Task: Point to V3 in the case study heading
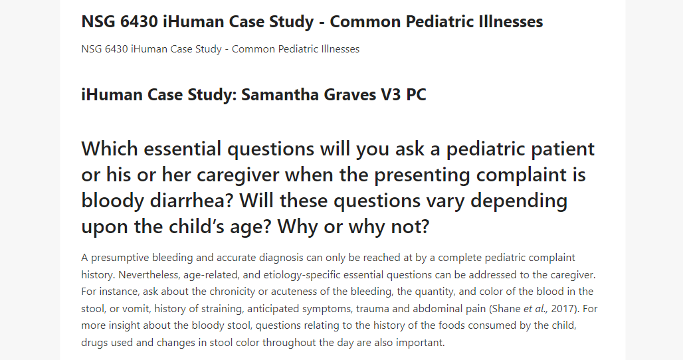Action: [391, 94]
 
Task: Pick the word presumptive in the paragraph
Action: [120, 258]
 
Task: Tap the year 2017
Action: [564, 309]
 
